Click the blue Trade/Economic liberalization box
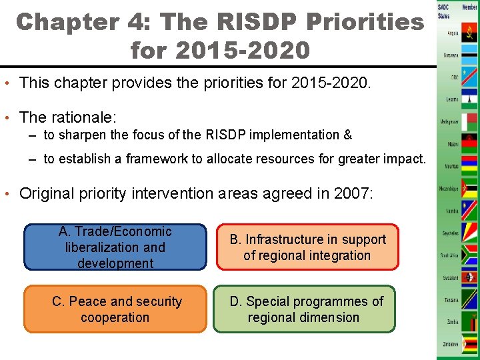coord(115,247)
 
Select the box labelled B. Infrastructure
coord(307,247)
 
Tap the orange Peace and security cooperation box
coord(115,309)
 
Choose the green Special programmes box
coord(305,309)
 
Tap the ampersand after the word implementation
coord(347,135)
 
